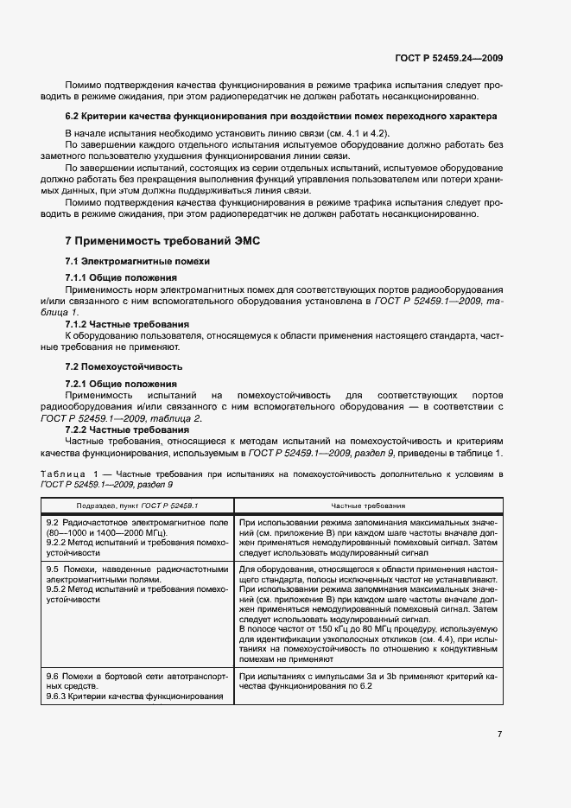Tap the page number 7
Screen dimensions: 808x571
coord(499,734)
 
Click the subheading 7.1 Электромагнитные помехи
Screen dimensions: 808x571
coord(138,261)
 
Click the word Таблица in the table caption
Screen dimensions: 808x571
coord(65,475)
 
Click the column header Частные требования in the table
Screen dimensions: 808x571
coord(368,505)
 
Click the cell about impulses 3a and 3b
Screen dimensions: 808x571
coord(367,680)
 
